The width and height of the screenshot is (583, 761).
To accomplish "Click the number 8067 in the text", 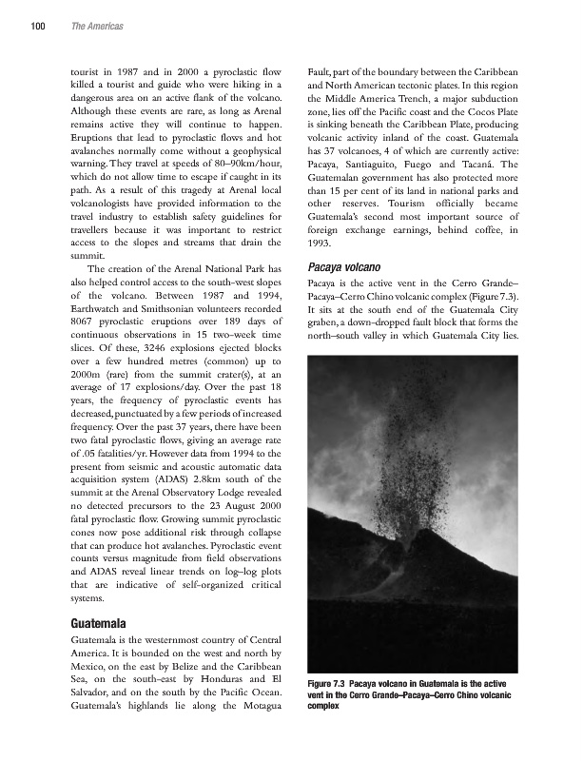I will (86, 350).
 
